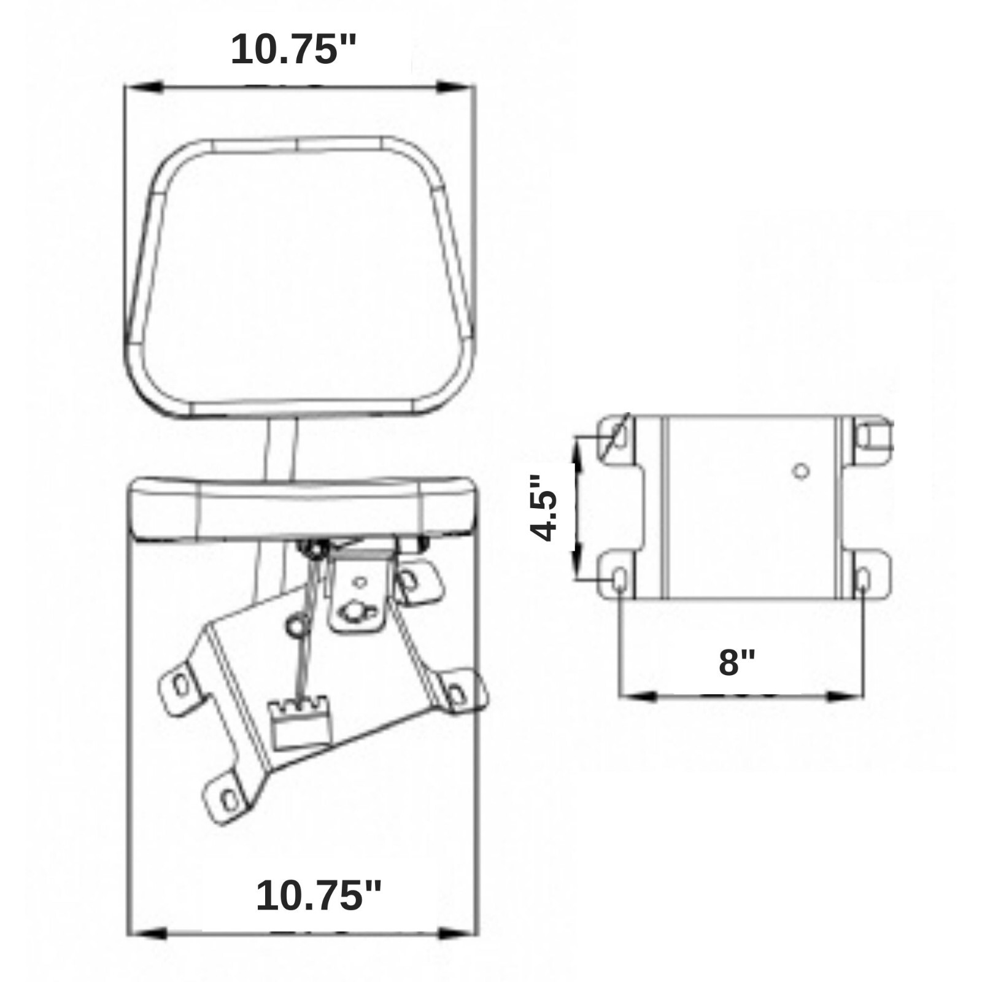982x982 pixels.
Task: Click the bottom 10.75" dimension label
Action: coord(319,895)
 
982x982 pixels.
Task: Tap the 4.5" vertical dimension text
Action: coord(545,507)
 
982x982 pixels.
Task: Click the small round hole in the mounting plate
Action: coord(799,471)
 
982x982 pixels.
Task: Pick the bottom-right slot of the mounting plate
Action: coord(863,578)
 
